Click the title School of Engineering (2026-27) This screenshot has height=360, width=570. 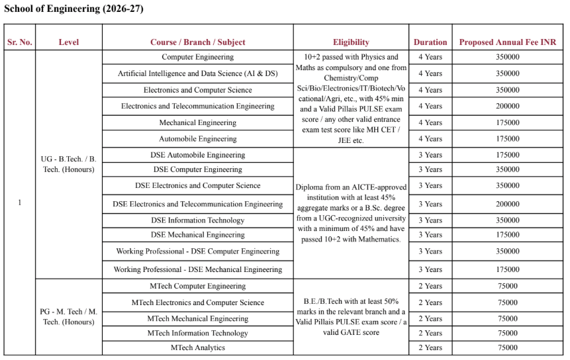tap(73, 9)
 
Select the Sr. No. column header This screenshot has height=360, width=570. tap(20, 42)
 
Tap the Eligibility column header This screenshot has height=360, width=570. tap(351, 42)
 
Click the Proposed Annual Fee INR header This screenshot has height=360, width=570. tap(507, 42)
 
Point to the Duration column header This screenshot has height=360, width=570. tap(430, 42)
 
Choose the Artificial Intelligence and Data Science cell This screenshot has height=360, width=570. tap(197, 73)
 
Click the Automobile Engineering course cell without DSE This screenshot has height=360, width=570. tap(197, 139)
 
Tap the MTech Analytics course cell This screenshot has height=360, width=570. tap(197, 347)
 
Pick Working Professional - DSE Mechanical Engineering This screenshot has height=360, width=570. tap(197, 269)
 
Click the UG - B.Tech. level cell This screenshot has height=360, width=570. tap(68, 163)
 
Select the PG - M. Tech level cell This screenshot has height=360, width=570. tap(68, 316)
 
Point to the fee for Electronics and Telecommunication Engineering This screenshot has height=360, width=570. tap(507, 106)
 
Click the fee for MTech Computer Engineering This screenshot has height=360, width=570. tap(507, 286)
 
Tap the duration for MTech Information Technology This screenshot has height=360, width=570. tap(430, 333)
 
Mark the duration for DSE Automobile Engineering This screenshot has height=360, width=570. tap(430, 155)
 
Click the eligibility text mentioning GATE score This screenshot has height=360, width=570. tap(351, 316)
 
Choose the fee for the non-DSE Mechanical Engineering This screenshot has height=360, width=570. tap(507, 122)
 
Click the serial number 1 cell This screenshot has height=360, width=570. tap(20, 202)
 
